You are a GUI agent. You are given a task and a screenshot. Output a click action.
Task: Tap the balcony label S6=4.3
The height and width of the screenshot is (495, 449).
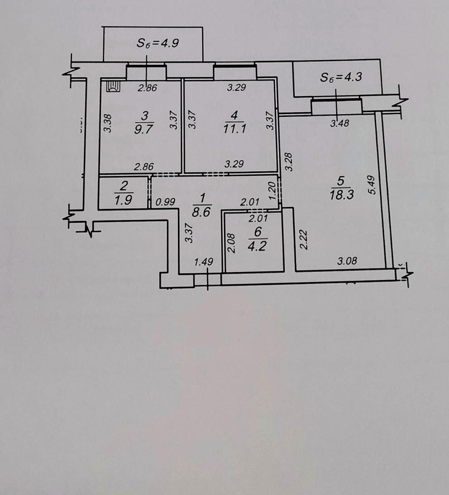click(x=341, y=77)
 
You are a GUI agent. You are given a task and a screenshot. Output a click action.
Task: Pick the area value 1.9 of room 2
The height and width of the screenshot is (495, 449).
click(x=123, y=200)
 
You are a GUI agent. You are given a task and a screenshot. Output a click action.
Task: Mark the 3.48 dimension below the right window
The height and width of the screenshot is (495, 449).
click(x=340, y=123)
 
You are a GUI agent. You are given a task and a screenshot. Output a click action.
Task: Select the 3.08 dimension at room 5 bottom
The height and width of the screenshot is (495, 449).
click(x=347, y=261)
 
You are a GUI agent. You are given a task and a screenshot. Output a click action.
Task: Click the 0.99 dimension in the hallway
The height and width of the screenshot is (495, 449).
click(x=165, y=202)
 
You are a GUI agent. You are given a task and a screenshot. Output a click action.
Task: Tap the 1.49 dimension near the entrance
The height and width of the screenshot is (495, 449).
click(x=203, y=261)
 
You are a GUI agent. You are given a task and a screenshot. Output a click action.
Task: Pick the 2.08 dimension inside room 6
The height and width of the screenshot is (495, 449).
click(x=232, y=243)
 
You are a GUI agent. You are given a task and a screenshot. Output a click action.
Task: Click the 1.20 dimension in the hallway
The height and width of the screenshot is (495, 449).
click(x=272, y=191)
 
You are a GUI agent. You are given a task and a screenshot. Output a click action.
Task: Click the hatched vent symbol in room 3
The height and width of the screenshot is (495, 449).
click(x=113, y=86)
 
